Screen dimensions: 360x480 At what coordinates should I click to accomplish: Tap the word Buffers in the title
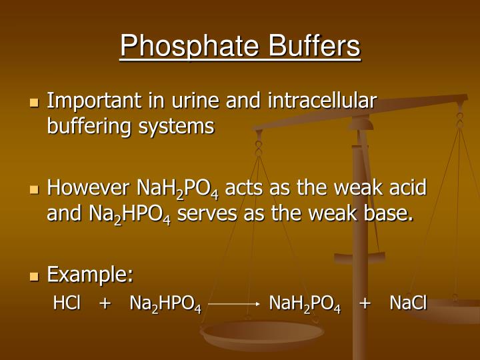coord(314,46)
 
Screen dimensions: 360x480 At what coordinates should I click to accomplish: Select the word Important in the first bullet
coord(89,101)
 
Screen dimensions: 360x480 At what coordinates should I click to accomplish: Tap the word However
coord(89,188)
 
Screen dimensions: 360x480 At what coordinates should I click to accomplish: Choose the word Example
coord(90,275)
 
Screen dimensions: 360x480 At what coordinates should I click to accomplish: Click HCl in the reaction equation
coord(67,303)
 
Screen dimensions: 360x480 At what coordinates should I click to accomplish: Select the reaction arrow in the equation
coord(233,304)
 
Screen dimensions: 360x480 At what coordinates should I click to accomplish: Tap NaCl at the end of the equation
coord(408,303)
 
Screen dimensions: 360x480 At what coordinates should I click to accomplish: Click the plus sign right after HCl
coord(105,304)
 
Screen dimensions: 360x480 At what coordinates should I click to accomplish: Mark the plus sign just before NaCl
coord(365,304)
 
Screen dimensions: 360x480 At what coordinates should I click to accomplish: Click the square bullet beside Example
coord(35,276)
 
